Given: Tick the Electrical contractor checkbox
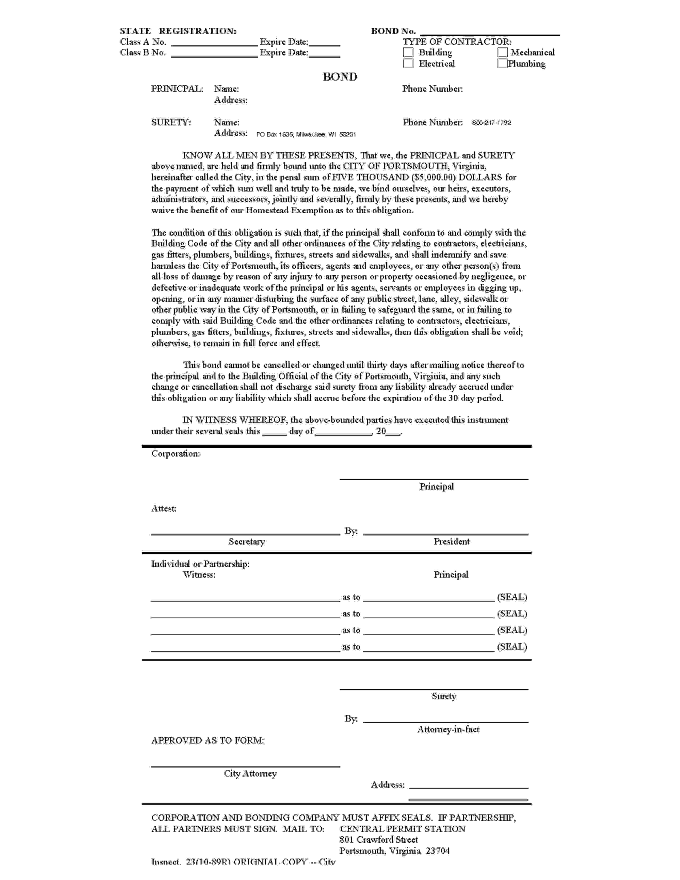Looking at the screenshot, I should (x=408, y=64).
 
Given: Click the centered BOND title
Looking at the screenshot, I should (x=339, y=77).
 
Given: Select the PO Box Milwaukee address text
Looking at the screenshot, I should (x=306, y=135).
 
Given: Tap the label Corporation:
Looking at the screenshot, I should (x=176, y=454).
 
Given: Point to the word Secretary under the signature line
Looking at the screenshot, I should (x=247, y=542).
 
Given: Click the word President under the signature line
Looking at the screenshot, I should (x=451, y=542).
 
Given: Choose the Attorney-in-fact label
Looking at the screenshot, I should (x=448, y=729).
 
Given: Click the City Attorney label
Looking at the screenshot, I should (x=250, y=774).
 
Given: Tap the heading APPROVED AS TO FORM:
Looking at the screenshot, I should (x=207, y=741).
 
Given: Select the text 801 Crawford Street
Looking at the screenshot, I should (x=378, y=840).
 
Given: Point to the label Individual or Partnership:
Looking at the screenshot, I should (x=200, y=564).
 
